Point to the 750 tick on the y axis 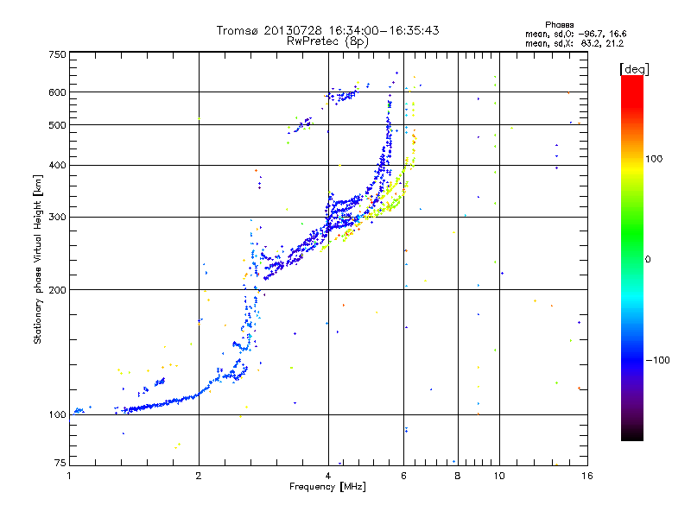click(x=58, y=54)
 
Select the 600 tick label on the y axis click(x=58, y=92)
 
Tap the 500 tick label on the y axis click(x=58, y=125)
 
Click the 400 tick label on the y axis click(x=58, y=165)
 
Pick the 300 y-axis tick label click(x=58, y=217)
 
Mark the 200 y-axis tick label click(x=58, y=290)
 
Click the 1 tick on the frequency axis click(x=69, y=475)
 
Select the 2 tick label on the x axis click(x=199, y=475)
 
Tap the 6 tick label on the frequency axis click(x=404, y=475)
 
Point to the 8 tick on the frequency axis click(x=458, y=475)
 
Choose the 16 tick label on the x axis click(x=586, y=475)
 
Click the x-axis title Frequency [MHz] click(x=327, y=487)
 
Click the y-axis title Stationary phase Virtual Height click(x=38, y=259)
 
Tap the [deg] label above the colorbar click(x=632, y=68)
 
